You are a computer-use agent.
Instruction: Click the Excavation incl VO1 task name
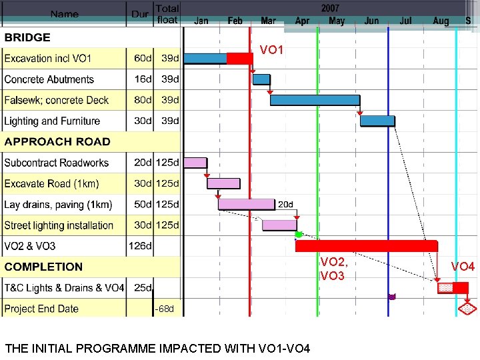tap(48, 59)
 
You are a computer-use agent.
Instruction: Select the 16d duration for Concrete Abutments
tap(143, 79)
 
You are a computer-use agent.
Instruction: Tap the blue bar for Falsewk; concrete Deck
tap(315, 100)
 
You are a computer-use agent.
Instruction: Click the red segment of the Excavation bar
tap(239, 58)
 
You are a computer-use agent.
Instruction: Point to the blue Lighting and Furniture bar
tap(377, 121)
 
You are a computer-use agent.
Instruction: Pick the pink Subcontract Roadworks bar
tap(195, 162)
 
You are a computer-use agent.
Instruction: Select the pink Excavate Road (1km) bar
tap(223, 183)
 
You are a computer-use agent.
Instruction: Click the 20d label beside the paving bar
tap(285, 204)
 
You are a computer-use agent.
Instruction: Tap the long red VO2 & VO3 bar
tap(366, 246)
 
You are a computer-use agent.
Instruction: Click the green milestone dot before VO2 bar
tap(299, 235)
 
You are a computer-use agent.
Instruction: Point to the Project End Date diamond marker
tap(467, 309)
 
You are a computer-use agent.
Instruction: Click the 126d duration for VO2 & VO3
tap(140, 246)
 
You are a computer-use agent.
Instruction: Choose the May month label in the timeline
tap(337, 21)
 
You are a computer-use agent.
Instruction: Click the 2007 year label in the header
tap(330, 9)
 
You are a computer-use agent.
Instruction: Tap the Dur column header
tap(140, 14)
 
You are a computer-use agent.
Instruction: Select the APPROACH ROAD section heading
tap(57, 141)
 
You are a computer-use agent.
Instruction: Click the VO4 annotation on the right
tap(463, 267)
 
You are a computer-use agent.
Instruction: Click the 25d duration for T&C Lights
tap(143, 288)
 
